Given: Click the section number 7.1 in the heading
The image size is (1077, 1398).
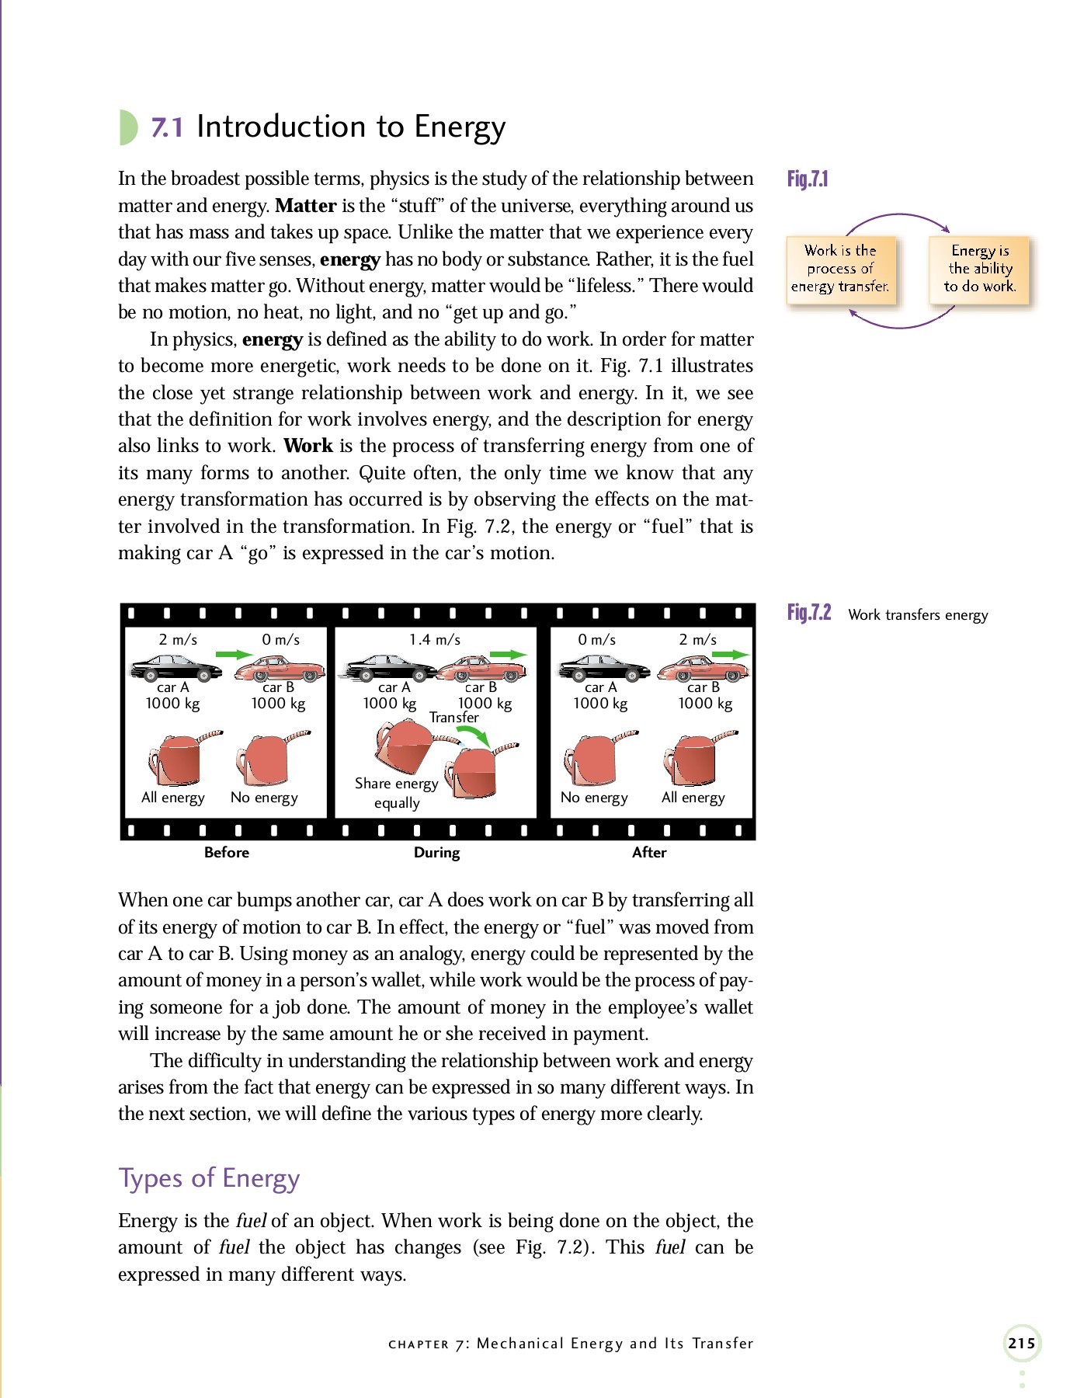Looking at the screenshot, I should [x=167, y=127].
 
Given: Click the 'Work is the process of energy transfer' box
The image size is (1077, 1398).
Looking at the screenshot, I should [x=840, y=269].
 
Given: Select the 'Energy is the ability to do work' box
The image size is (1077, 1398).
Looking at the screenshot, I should [x=980, y=269].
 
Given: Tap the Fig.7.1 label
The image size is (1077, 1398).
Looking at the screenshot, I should [x=808, y=179].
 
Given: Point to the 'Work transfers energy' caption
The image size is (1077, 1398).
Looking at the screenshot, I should [x=918, y=615].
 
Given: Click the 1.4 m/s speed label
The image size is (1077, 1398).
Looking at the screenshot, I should [x=435, y=640].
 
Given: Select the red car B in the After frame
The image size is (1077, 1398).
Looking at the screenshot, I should [x=702, y=669].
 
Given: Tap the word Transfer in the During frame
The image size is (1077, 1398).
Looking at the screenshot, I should [x=453, y=718].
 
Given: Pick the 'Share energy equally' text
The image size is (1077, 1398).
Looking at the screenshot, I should [x=397, y=793].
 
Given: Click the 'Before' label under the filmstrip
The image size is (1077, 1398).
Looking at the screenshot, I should [x=227, y=853].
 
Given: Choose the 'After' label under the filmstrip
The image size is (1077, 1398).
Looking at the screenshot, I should [x=649, y=853].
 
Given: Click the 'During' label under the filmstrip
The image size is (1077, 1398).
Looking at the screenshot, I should [x=436, y=853].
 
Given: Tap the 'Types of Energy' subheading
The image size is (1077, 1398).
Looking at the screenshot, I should [x=209, y=1178].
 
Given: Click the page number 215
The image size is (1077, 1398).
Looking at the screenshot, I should [x=1021, y=1343].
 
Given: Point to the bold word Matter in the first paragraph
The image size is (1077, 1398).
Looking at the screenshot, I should [x=305, y=206].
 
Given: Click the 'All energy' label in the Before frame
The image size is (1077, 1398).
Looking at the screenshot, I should [x=173, y=798].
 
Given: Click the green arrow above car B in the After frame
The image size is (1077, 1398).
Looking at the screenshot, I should [x=730, y=655].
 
